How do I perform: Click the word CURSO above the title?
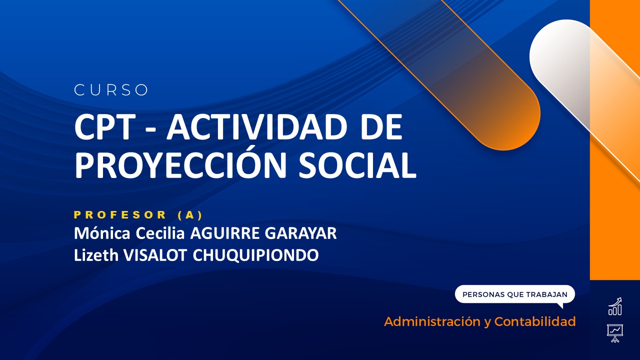point(111,90)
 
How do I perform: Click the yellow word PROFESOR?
point(120,215)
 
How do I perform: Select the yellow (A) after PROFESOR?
point(190,215)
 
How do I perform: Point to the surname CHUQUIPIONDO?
point(255,255)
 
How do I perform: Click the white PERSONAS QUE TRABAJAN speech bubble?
point(514,294)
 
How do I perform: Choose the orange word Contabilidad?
point(535,321)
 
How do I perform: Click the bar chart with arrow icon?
point(615,307)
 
